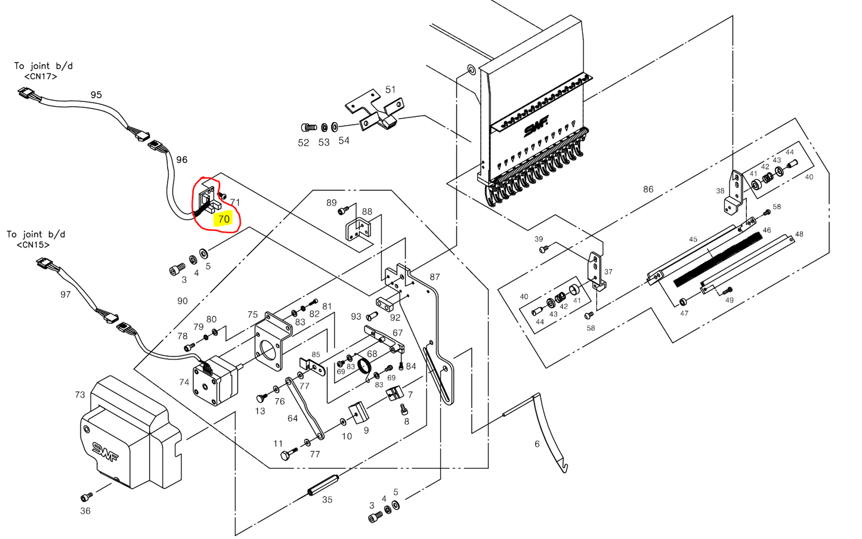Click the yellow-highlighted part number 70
point(224,219)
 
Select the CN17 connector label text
point(41,76)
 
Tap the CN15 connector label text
point(33,244)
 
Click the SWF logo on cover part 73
point(105,451)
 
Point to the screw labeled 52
point(308,128)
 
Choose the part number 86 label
point(648,189)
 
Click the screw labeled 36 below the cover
point(86,496)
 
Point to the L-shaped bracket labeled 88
point(357,230)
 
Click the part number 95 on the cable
point(96,95)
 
